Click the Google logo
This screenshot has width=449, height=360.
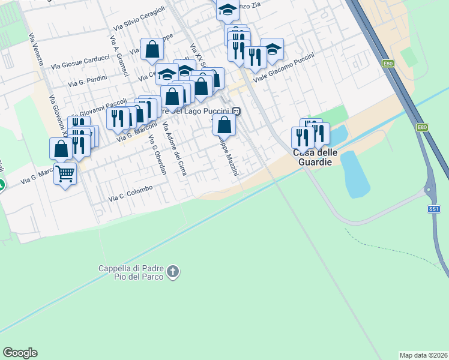click(20, 353)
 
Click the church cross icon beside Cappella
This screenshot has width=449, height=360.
click(173, 272)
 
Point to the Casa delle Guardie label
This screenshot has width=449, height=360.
click(315, 157)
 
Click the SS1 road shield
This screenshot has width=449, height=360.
click(434, 209)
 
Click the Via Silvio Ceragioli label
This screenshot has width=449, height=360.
click(139, 20)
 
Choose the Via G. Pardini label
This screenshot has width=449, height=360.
click(88, 81)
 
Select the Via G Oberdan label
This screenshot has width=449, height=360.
click(157, 155)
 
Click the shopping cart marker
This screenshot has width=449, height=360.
click(65, 175)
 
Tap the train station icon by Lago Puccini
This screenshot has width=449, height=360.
click(238, 110)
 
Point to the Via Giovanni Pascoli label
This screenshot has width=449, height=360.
click(101, 107)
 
